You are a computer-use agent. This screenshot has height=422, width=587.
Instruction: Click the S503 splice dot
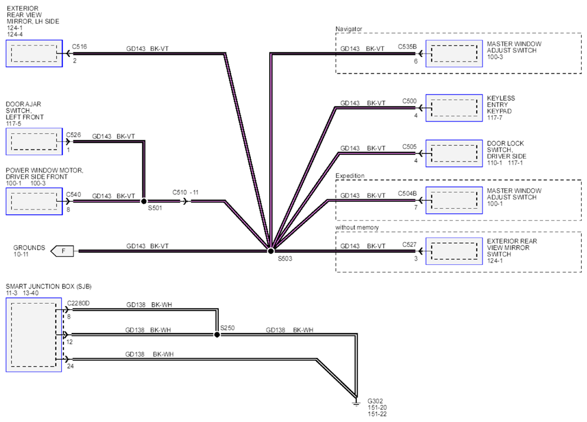click(x=270, y=250)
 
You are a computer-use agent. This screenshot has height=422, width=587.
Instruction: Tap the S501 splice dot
click(x=143, y=201)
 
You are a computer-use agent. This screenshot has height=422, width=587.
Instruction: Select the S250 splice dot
click(x=217, y=335)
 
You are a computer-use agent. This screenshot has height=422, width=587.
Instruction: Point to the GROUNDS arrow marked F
click(x=62, y=251)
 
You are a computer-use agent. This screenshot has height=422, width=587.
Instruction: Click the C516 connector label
click(x=79, y=46)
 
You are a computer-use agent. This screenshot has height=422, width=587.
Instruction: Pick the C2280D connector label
click(x=78, y=303)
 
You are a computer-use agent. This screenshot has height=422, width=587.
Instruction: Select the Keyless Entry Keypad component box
click(x=454, y=108)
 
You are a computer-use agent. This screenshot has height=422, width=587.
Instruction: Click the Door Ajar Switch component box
click(x=34, y=141)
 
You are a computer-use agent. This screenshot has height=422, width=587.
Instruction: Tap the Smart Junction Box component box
click(x=34, y=335)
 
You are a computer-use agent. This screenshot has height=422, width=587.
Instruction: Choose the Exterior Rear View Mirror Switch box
click(x=454, y=251)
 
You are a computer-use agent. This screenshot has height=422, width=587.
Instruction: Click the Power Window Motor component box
click(x=34, y=201)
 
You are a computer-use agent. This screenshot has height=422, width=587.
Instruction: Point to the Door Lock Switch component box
click(x=454, y=153)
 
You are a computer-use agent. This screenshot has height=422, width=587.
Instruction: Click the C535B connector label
click(x=407, y=47)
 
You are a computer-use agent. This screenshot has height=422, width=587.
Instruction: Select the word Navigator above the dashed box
click(x=349, y=29)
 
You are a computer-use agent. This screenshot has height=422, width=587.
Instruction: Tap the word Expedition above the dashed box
click(x=350, y=176)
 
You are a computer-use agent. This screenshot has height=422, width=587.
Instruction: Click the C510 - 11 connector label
click(x=186, y=192)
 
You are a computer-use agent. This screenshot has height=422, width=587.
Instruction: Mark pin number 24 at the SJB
click(x=71, y=366)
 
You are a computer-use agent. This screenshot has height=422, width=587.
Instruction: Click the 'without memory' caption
click(x=357, y=227)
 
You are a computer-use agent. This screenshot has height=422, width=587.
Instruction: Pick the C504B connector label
click(x=407, y=193)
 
